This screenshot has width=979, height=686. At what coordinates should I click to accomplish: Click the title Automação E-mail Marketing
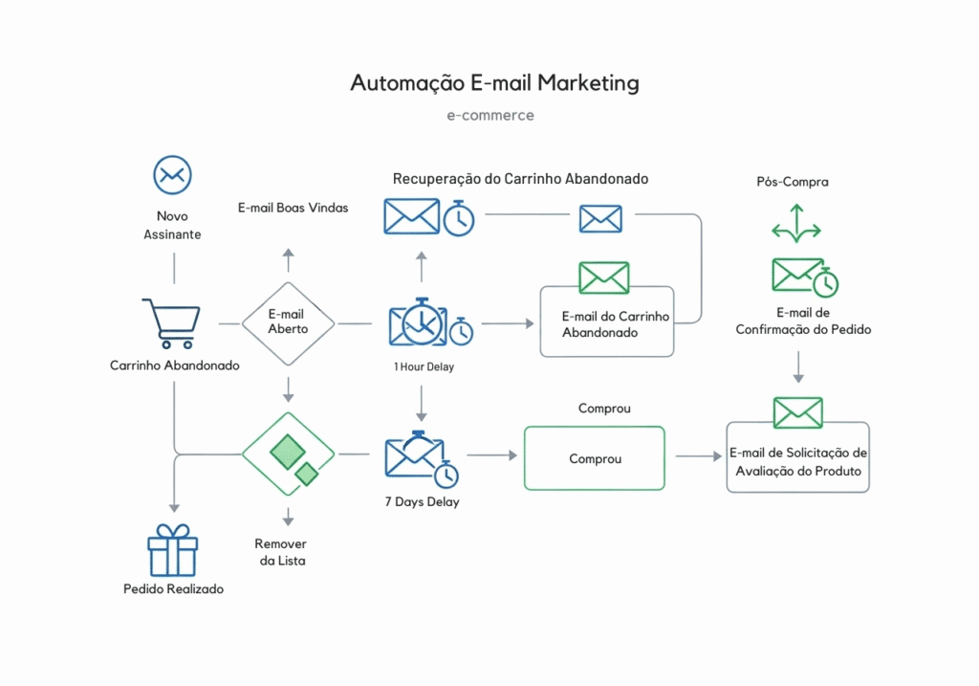point(494,83)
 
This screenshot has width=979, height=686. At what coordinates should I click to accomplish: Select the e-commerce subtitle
point(490,116)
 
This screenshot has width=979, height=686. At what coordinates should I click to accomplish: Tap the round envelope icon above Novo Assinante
point(173,175)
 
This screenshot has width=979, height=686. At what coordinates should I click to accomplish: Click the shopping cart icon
point(171,322)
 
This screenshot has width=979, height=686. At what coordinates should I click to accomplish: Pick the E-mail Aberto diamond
point(288,322)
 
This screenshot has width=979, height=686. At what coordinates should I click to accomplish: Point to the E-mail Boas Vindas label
point(293,208)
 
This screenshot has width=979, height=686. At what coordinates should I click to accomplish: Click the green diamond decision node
point(288,454)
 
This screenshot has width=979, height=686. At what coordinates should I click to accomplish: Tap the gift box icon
point(172,550)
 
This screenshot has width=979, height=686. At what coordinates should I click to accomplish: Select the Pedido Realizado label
point(173,589)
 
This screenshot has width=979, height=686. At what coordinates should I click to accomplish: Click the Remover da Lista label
point(281,552)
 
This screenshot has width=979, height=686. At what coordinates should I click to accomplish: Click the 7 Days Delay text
point(422,502)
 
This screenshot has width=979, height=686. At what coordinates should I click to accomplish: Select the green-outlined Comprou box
point(594,458)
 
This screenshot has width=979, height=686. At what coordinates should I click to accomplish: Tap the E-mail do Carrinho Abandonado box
point(607,322)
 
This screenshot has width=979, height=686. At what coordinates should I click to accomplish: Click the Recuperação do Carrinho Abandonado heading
point(520,179)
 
